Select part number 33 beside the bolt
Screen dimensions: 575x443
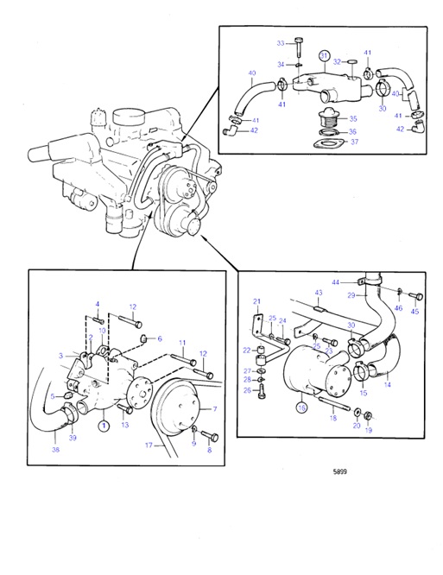coord(280,42)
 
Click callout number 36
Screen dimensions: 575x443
coord(351,130)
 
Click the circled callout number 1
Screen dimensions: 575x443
coord(103,425)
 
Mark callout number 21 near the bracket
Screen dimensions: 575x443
coord(256,301)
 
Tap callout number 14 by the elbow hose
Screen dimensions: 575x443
coord(387,385)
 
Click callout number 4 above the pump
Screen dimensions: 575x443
coord(98,304)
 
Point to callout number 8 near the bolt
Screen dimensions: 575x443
coord(207,450)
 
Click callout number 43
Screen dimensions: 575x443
coord(318,294)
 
